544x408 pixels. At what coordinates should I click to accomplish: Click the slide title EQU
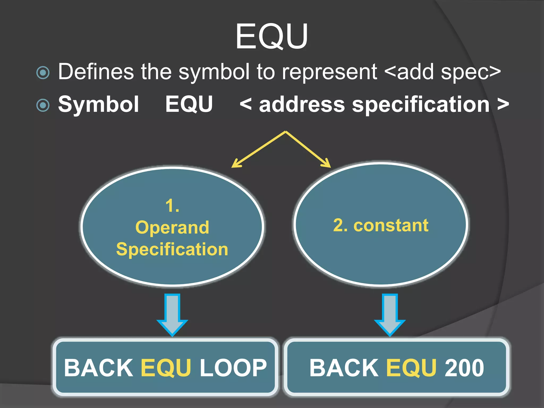point(271,36)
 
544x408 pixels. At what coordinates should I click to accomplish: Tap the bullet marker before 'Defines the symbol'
point(43,73)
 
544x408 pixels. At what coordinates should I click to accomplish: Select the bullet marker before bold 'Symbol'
point(43,105)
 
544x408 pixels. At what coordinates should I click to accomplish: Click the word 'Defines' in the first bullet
point(96,72)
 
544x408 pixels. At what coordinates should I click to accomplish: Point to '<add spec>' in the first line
point(443,72)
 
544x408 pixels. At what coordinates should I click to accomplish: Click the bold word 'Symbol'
point(99,104)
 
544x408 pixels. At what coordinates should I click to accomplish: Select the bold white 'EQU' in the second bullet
point(189,104)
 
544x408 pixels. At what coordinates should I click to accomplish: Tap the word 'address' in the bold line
point(302,105)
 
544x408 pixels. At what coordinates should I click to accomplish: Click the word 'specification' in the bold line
point(421,105)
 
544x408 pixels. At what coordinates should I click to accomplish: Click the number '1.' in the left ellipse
point(172,206)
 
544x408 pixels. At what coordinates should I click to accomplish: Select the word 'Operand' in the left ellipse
point(172,228)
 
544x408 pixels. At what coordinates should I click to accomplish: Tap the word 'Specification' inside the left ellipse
point(172,249)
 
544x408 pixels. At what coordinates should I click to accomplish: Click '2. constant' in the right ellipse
point(381,226)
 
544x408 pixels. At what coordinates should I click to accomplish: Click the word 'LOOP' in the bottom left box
point(233,368)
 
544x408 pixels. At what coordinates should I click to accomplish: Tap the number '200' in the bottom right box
point(464,368)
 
